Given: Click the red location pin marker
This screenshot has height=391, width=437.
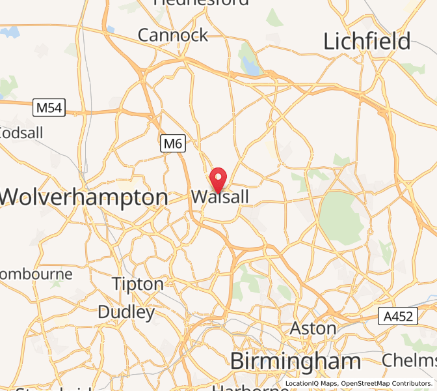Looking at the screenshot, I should [x=219, y=178].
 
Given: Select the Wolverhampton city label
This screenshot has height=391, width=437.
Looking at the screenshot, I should [x=85, y=197].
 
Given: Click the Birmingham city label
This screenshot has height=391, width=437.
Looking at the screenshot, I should [x=296, y=360].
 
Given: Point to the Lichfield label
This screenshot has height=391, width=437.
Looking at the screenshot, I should [x=367, y=42].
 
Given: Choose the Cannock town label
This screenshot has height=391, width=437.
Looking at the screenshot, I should [x=173, y=35].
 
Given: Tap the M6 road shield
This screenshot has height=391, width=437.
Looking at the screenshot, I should [x=172, y=144].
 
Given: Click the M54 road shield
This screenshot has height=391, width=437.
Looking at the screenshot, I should [x=49, y=108].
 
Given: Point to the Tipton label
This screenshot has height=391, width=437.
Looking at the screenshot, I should [x=138, y=284].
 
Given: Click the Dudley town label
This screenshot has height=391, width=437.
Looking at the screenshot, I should [x=127, y=312].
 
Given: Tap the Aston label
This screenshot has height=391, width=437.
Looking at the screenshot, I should [x=313, y=328].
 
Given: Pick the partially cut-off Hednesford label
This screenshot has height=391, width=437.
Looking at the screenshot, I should [x=201, y=3].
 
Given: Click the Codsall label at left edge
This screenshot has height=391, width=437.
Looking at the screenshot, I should [x=21, y=133].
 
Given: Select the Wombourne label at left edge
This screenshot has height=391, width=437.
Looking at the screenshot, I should [x=36, y=274].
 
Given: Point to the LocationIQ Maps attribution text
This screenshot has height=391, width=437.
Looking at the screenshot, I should [x=311, y=383].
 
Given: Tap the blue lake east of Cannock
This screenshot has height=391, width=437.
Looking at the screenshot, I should [x=250, y=65].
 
